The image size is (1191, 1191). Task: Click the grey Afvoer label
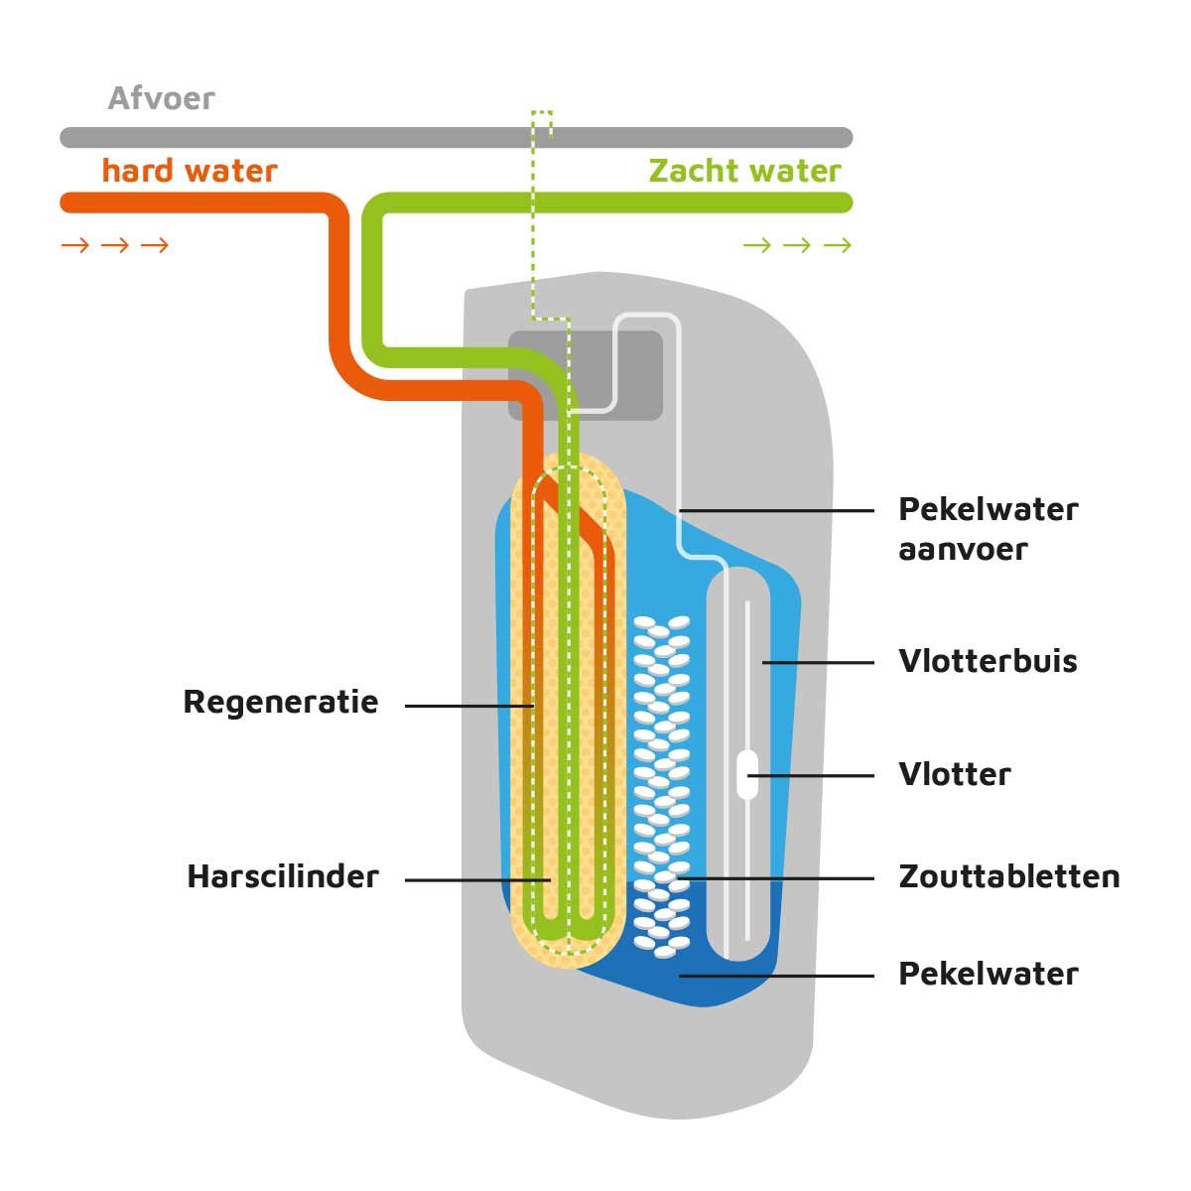point(161,99)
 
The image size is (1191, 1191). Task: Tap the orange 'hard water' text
point(189,171)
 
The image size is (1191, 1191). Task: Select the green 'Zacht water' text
point(744,171)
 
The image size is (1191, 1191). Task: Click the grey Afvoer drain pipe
point(298,138)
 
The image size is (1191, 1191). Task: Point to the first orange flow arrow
point(75,245)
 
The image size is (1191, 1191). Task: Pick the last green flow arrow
point(838,245)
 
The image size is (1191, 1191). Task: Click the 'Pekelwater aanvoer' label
point(988,528)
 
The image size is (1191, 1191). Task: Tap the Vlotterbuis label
point(988,661)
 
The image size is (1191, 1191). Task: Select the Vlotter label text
point(954,774)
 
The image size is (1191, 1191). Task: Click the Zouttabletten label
point(1008,876)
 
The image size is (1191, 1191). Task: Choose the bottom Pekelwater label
point(988,974)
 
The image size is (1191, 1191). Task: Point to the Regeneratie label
point(281,703)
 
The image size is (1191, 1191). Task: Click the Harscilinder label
point(283,877)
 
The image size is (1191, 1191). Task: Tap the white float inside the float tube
point(747,774)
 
